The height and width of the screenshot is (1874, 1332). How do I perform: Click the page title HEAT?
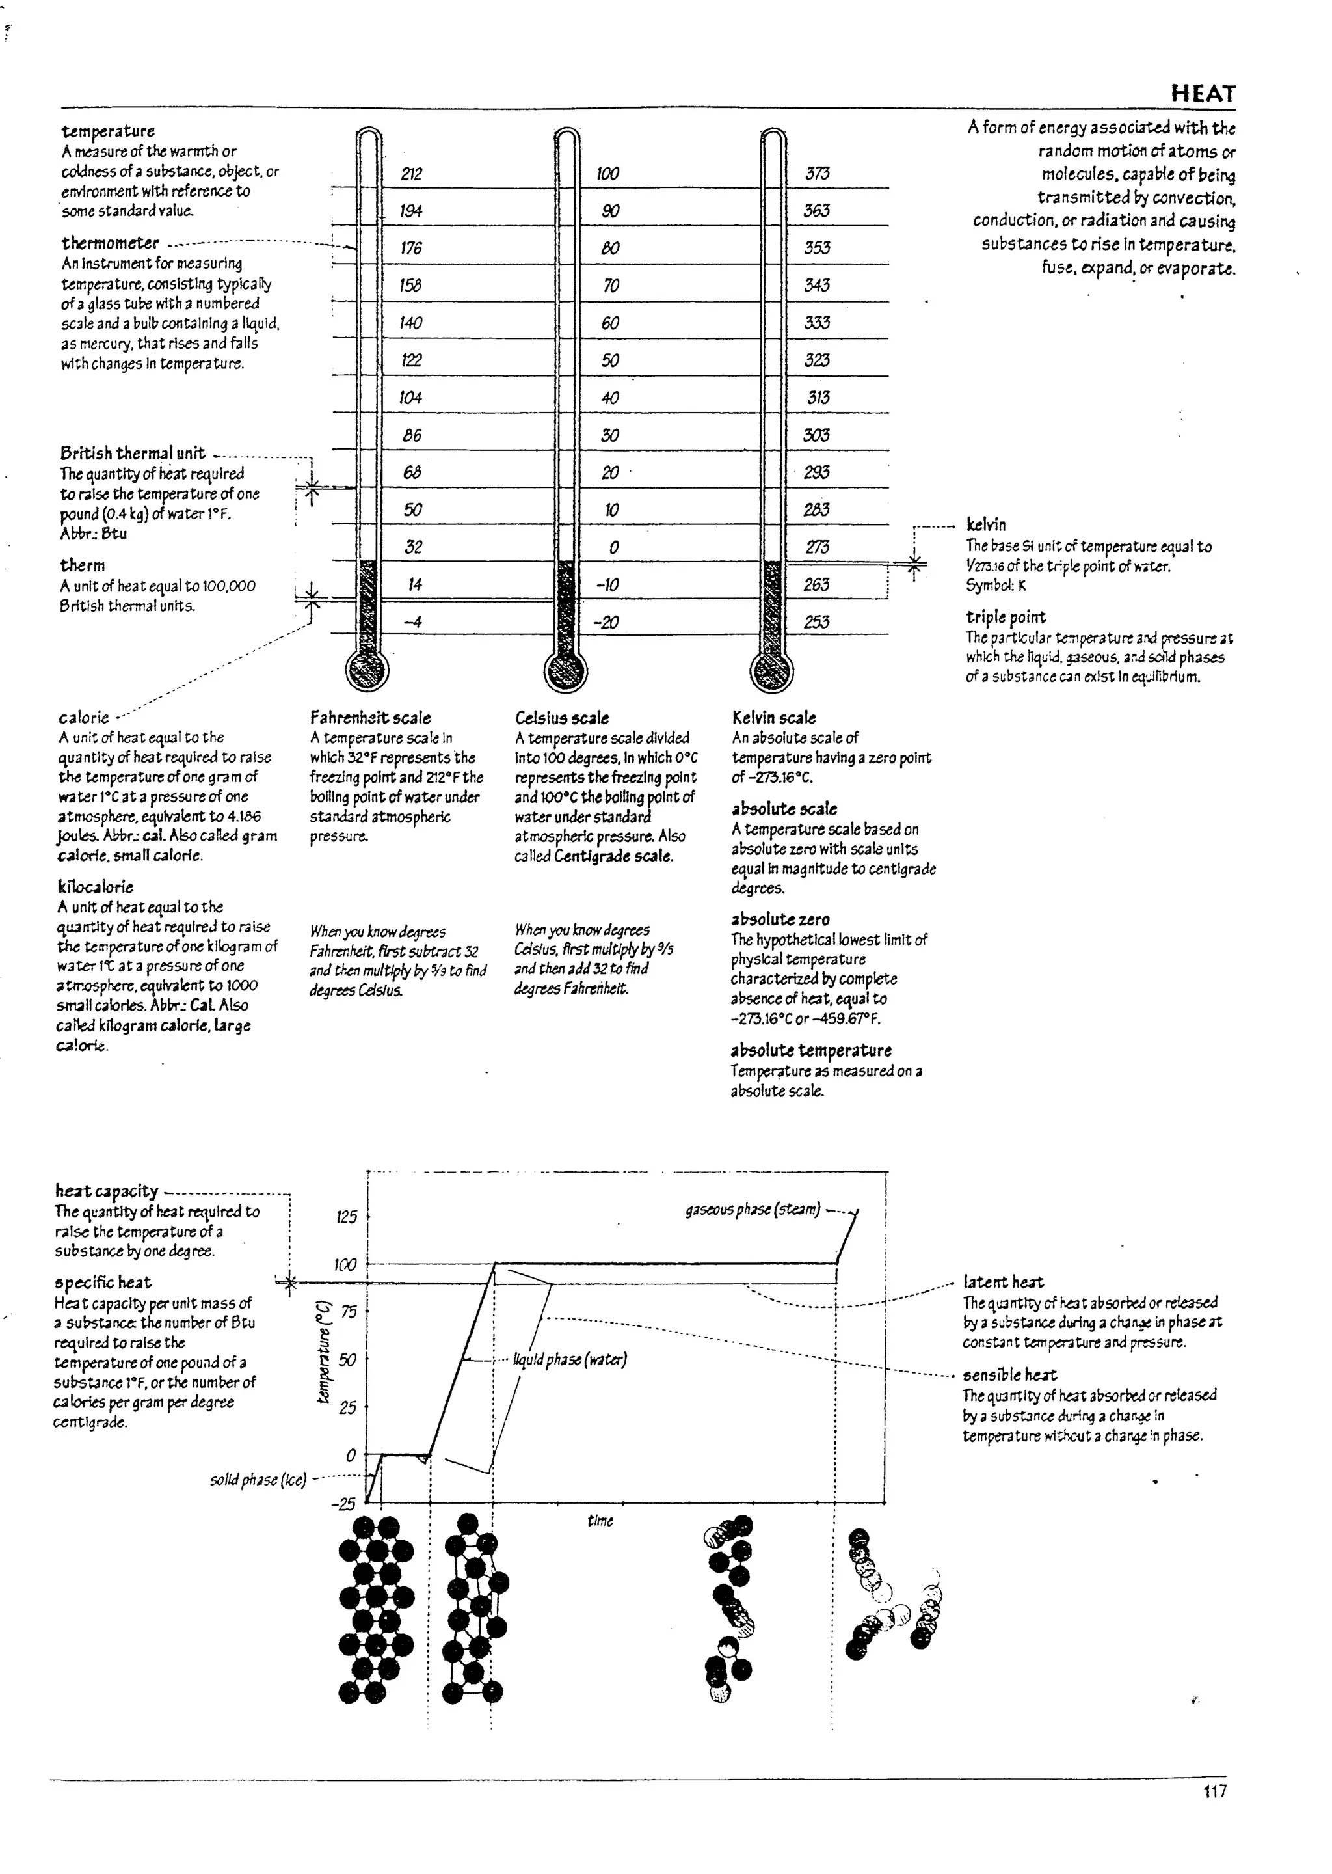[1203, 94]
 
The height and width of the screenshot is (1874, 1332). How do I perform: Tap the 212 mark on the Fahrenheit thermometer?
[411, 174]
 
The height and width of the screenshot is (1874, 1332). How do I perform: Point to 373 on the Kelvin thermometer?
[817, 173]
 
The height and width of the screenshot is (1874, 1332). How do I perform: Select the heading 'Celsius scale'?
[562, 718]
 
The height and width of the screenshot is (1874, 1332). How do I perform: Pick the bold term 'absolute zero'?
[780, 919]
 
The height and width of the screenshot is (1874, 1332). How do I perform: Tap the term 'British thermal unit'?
[132, 453]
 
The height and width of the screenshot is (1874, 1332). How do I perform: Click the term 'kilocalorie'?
[95, 887]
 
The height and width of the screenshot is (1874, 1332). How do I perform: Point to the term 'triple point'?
[1006, 617]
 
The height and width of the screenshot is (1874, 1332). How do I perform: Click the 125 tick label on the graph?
[347, 1217]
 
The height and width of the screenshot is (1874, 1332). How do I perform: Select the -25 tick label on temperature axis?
[343, 1504]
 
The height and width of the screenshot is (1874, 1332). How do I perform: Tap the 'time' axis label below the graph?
[600, 1521]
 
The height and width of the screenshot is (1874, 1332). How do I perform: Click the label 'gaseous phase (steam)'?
[752, 1210]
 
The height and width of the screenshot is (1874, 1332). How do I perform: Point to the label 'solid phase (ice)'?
[258, 1480]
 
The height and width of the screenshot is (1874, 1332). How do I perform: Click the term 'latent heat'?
[1003, 1283]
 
